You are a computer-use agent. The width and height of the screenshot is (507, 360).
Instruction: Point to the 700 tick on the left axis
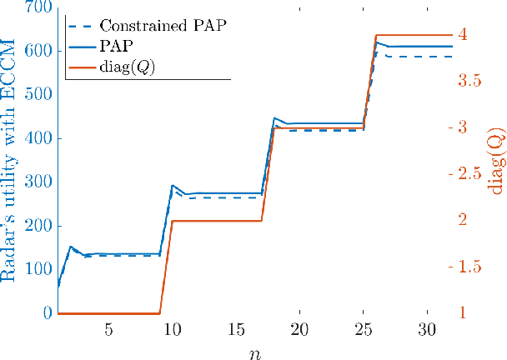tap(38, 7)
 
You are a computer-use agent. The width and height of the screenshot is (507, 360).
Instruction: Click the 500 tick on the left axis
tap(38, 95)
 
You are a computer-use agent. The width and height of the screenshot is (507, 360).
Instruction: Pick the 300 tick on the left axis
tap(38, 182)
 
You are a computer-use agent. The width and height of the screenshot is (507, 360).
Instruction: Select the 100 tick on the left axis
tap(38, 270)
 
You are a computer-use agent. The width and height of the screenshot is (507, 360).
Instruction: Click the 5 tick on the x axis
tap(108, 330)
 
